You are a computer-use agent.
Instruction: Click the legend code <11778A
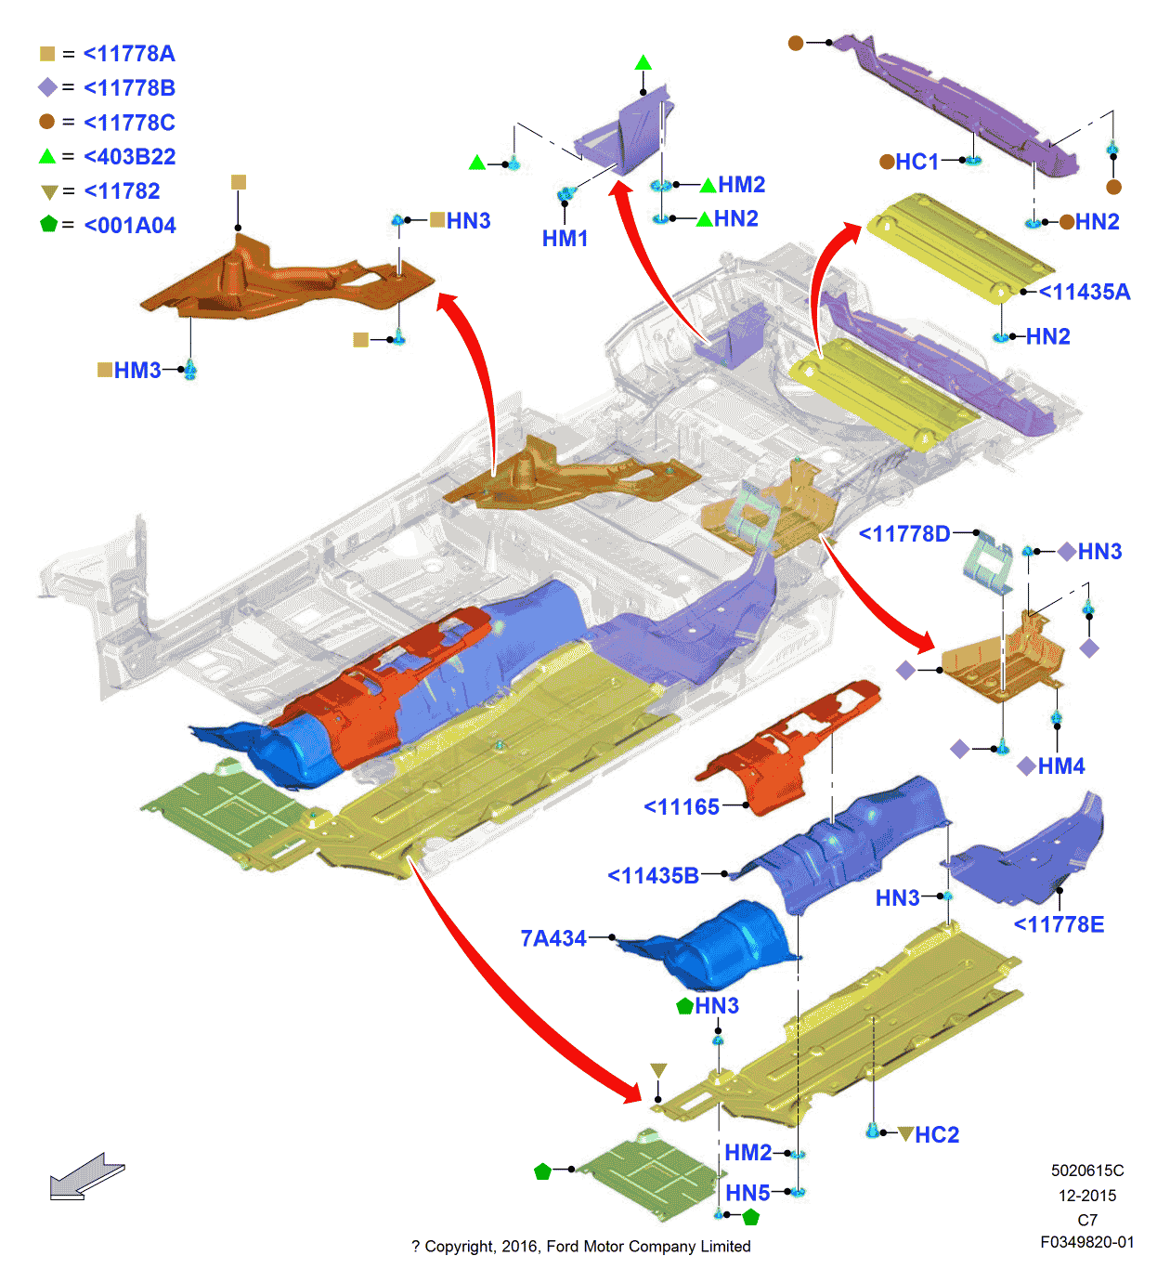[x=129, y=54]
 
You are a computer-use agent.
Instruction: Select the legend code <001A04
[x=130, y=226]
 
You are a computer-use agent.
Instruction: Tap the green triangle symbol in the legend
[x=47, y=156]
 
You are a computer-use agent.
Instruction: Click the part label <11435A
[x=1085, y=292]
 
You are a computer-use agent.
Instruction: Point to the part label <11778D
[x=904, y=533]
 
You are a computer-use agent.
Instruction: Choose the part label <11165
[x=682, y=807]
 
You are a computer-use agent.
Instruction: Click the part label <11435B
[x=653, y=875]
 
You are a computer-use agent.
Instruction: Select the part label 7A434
[x=553, y=938]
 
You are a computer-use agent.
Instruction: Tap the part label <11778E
[x=1059, y=924]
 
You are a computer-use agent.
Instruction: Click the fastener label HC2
[x=937, y=1134]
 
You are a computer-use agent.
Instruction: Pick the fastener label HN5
[x=747, y=1193]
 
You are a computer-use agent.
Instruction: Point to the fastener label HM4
[x=1061, y=765]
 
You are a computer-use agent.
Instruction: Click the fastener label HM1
[x=565, y=239]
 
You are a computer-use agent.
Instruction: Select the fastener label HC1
[x=917, y=162]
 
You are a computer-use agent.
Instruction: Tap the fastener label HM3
[x=137, y=371]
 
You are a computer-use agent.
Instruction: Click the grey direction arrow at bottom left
[x=85, y=1177]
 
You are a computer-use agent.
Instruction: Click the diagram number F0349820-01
[x=1087, y=1242]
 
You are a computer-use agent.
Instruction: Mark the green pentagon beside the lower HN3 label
[x=685, y=1005]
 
